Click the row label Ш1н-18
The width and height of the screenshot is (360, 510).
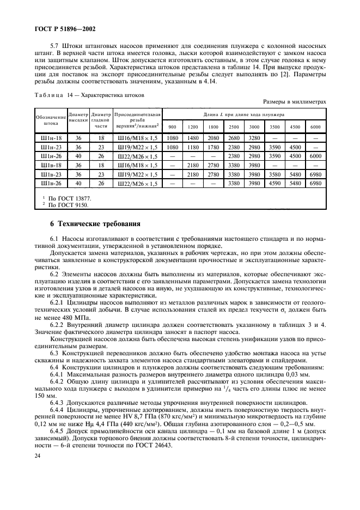click(x=50, y=138)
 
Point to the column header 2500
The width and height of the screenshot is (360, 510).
click(x=234, y=126)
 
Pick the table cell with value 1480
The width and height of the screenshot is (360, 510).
click(x=193, y=138)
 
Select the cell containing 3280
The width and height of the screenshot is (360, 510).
click(x=254, y=138)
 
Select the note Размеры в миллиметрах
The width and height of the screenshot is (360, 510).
click(x=294, y=101)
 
